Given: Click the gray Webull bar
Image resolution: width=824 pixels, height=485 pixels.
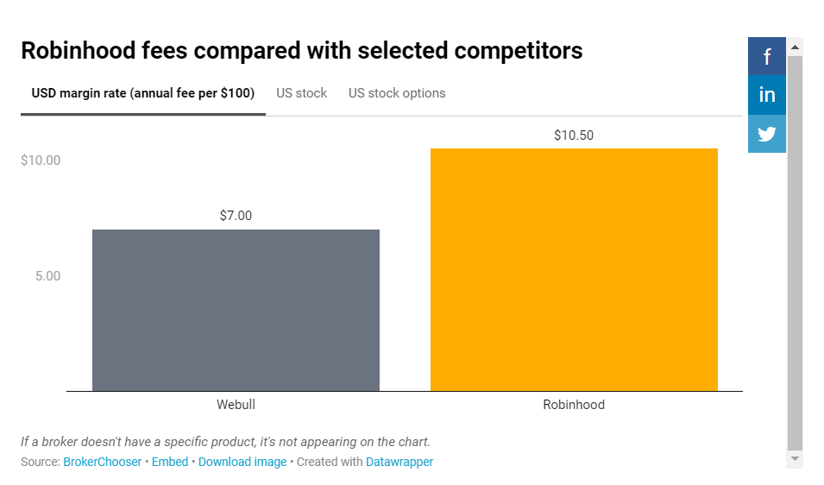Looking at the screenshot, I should coord(236,310).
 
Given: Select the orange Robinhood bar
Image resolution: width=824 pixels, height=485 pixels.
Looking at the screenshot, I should coord(574,269).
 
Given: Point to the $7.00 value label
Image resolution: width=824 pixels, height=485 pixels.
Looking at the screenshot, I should coord(236,216).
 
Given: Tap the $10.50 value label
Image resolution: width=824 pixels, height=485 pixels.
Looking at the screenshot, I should coord(574,135).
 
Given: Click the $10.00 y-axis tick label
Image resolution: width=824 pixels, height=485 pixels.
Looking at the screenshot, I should coord(41,161).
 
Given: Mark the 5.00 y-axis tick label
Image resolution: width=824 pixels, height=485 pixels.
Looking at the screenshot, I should coord(47,276).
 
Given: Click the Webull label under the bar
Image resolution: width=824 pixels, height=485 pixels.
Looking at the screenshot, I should coord(236,405).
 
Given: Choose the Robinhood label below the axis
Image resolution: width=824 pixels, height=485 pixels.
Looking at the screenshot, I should coord(574,405).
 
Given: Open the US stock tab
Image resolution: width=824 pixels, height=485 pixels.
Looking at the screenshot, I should coord(301,93).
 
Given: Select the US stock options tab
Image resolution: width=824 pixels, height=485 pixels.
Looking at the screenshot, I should coord(397,93).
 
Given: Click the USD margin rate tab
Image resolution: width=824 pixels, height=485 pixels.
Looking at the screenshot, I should coord(142,93).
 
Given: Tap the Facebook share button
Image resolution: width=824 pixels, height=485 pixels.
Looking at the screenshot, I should coord(767,57).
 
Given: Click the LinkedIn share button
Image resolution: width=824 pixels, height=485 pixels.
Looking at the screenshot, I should coord(767,95).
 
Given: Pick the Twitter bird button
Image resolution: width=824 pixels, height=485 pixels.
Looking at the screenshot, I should coord(767,134).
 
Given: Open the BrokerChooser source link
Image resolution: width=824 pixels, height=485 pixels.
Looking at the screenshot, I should coord(102,462).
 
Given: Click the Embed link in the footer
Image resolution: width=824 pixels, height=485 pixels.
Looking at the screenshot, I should coord(170,462).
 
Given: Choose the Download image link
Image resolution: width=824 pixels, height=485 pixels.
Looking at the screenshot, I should coord(242,462).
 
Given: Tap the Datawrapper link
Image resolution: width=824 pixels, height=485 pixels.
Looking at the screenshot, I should coord(399,462).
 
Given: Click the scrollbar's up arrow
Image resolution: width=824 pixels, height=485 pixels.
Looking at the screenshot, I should coord(796,46).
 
